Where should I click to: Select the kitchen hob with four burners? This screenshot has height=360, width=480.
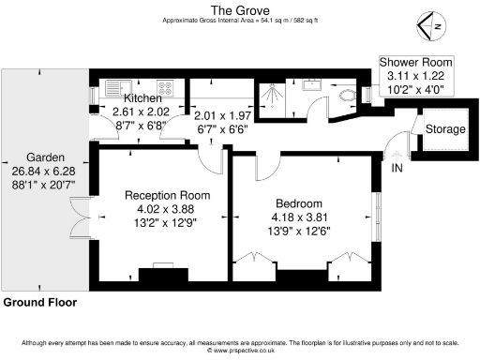164,89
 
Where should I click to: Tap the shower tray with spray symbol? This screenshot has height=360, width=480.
277,92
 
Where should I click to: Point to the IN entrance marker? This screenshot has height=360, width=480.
397,168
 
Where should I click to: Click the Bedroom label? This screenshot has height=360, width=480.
299,203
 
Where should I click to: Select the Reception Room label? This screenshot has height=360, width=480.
168,195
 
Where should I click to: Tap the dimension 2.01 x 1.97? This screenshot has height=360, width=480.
221,115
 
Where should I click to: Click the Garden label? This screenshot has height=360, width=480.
45,157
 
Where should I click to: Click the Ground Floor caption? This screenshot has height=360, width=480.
39,303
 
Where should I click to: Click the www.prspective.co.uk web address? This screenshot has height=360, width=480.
240,352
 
